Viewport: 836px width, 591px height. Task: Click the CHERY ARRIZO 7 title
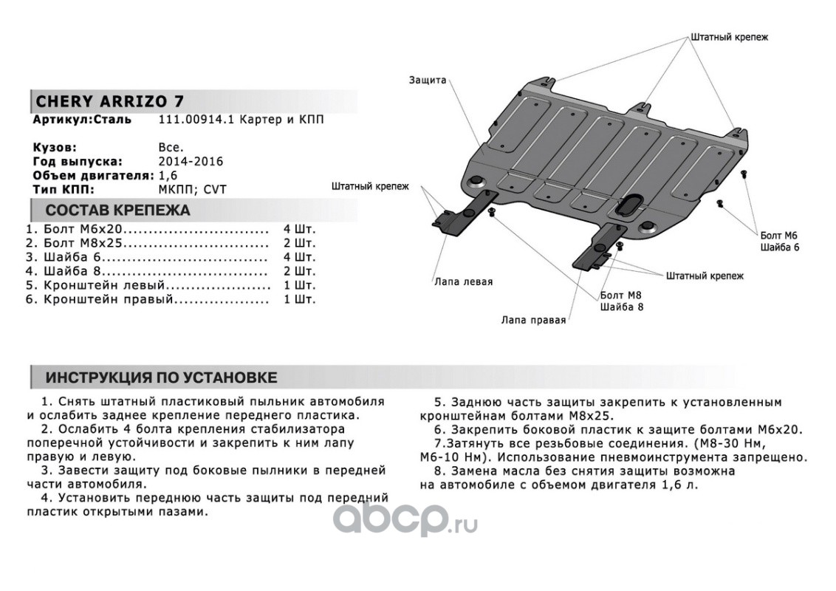coord(110,101)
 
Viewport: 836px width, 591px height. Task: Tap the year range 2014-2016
coord(191,161)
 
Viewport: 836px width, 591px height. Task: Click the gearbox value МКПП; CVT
coord(193,189)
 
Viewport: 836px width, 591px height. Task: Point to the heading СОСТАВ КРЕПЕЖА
coord(117,211)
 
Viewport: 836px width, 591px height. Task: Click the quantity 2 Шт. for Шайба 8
coord(298,271)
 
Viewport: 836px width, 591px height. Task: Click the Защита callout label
coord(428,80)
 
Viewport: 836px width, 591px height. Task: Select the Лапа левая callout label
coord(463,281)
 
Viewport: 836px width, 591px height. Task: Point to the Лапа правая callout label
coord(533,320)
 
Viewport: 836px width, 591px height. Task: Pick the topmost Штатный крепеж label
coord(730,37)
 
